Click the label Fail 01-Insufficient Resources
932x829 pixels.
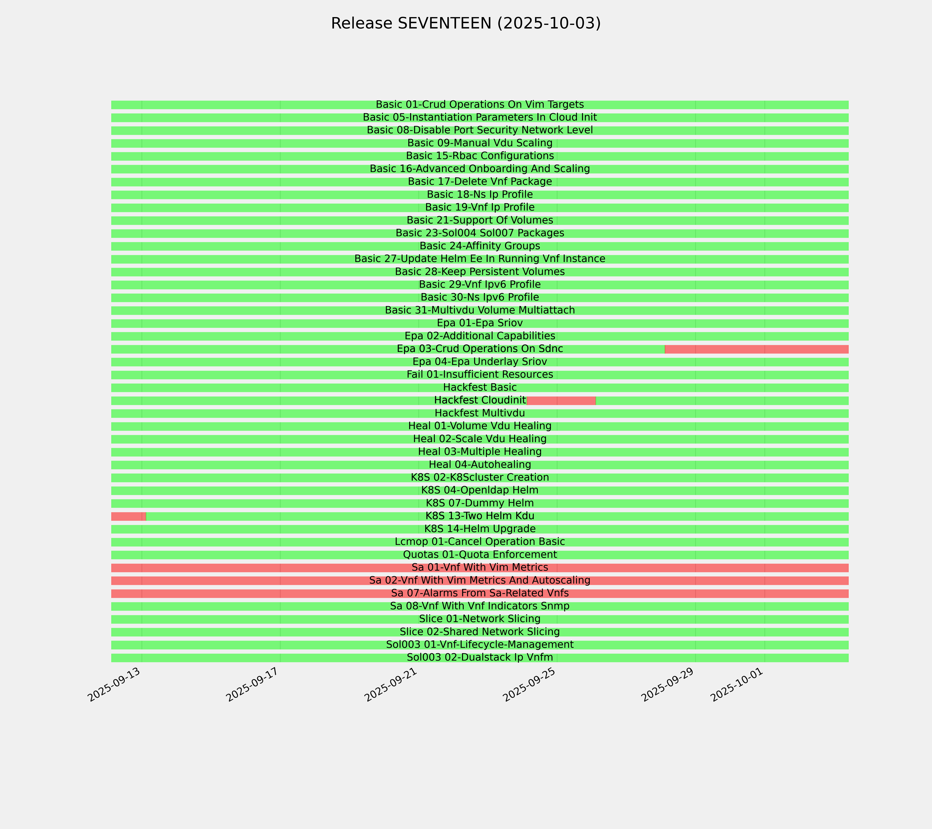tap(480, 375)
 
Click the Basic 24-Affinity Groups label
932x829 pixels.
tap(480, 246)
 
